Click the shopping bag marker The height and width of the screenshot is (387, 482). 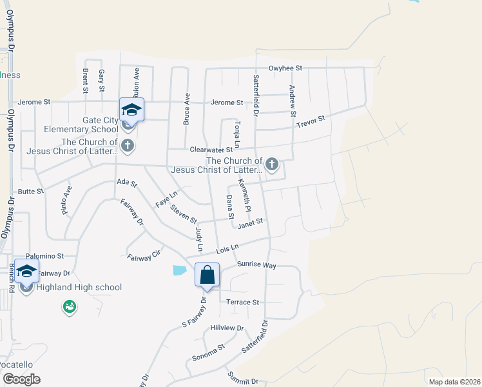(207, 275)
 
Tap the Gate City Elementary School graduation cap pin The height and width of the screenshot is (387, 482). (131, 110)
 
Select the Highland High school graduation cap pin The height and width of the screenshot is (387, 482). (26, 271)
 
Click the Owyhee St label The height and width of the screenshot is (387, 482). (285, 68)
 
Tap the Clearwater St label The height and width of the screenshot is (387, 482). (211, 150)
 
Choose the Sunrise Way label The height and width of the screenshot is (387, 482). (256, 265)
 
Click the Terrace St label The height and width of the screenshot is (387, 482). (242, 302)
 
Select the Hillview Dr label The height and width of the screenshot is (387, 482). (227, 328)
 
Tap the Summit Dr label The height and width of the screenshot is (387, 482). (242, 378)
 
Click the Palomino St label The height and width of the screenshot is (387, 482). (44, 256)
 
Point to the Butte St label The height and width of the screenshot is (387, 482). (30, 192)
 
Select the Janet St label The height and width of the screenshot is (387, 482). (251, 223)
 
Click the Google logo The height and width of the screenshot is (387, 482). (21, 379)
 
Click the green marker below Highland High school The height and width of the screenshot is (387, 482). (68, 308)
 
